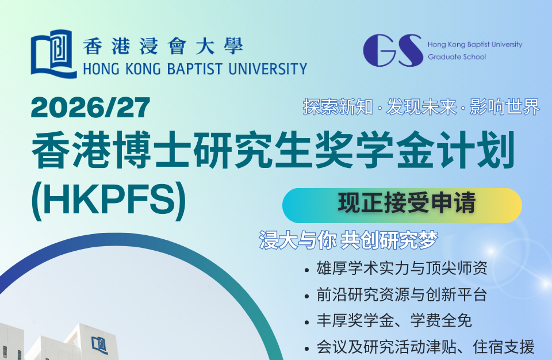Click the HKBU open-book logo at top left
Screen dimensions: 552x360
(53, 54)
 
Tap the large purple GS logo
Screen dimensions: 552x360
(393, 51)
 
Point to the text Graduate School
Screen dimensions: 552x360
(457, 57)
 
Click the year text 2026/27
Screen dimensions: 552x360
(90, 108)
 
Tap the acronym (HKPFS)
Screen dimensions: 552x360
(109, 200)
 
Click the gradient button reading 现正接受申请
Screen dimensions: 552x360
(402, 205)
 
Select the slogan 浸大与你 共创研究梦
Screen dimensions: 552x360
(348, 240)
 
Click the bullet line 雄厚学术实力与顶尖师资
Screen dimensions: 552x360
(402, 269)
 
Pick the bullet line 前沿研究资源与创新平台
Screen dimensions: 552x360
(402, 294)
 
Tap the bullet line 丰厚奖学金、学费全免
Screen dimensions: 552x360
(394, 320)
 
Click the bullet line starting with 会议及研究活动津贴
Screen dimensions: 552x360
(425, 347)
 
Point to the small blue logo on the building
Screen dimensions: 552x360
(99, 345)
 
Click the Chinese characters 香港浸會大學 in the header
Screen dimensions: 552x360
(163, 46)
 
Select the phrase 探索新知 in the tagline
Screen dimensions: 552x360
(338, 107)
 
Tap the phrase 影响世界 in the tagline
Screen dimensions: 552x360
(504, 107)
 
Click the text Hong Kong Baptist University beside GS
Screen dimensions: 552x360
(475, 44)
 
